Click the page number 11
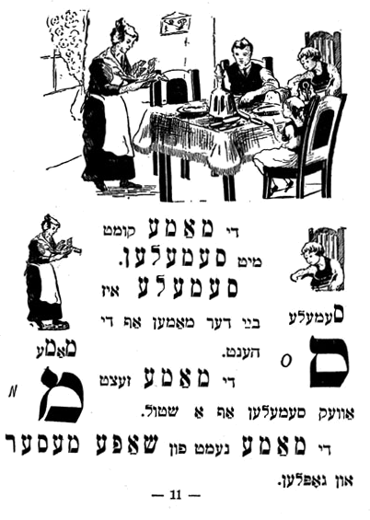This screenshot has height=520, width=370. [176, 494]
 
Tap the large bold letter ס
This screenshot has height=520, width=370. [329, 363]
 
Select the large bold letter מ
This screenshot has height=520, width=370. [62, 395]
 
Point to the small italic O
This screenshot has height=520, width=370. [285, 361]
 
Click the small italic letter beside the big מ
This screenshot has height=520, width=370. [13, 393]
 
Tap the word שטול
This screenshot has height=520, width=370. [160, 412]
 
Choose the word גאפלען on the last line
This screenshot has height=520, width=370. [304, 480]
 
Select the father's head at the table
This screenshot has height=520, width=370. [242, 53]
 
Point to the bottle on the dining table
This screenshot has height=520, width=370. [221, 93]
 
